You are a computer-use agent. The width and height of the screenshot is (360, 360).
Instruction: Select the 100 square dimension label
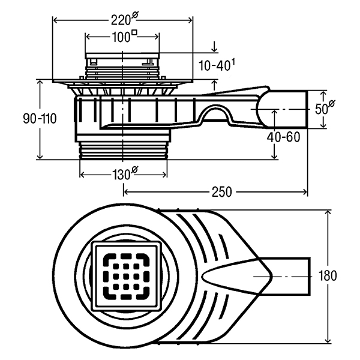(x=124, y=36)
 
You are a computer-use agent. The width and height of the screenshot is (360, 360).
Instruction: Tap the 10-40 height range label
(x=217, y=65)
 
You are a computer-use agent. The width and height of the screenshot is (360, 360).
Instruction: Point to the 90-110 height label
(x=40, y=119)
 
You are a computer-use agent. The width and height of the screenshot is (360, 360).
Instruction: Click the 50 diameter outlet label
(x=325, y=107)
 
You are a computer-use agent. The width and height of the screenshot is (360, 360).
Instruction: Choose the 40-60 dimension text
(x=283, y=137)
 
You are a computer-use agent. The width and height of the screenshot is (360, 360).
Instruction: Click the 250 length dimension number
(x=222, y=192)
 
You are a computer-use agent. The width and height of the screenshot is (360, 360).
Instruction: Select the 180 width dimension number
(x=328, y=275)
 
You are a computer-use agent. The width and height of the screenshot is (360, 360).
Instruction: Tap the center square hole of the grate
(x=125, y=276)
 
